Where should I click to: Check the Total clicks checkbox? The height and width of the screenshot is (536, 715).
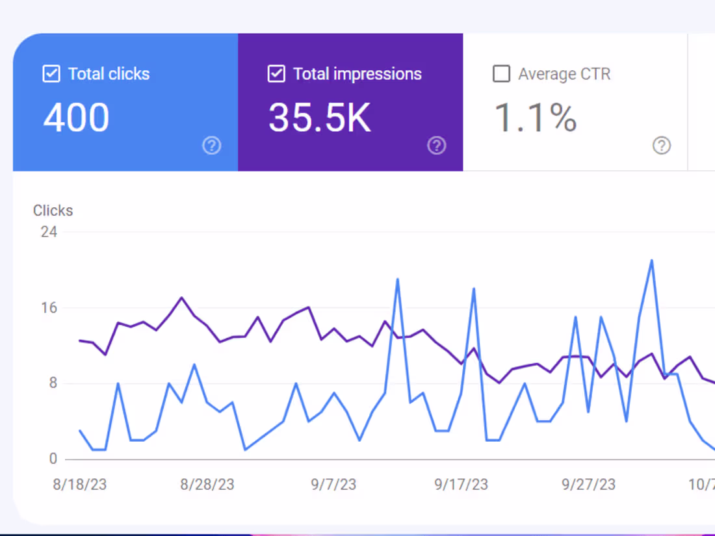click(x=51, y=74)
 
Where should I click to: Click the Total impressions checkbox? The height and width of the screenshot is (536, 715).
click(x=276, y=74)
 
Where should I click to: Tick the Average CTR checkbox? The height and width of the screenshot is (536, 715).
click(x=501, y=74)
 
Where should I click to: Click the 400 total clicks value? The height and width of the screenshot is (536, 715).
click(x=76, y=118)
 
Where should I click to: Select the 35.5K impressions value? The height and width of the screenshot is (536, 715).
click(x=319, y=118)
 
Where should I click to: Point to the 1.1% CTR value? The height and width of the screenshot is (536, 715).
click(x=536, y=118)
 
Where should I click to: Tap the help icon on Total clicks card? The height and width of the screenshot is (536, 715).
click(x=211, y=146)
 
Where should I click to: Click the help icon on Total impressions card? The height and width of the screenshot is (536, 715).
click(x=436, y=146)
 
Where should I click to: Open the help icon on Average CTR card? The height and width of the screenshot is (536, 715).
click(x=661, y=146)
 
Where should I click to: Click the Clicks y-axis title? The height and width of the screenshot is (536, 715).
click(x=53, y=211)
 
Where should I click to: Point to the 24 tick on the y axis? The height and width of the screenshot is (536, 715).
click(x=49, y=232)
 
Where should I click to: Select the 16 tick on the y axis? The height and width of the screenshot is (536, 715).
click(x=49, y=308)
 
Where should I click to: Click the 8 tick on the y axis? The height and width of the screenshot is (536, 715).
click(x=53, y=383)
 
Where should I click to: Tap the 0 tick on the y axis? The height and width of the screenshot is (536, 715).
click(x=53, y=459)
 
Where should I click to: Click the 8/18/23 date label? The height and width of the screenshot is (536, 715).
click(x=79, y=485)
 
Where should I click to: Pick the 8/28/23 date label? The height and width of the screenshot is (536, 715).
click(x=207, y=485)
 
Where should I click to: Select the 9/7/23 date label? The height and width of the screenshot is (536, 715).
click(x=333, y=485)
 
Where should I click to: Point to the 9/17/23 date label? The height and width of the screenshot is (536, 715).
click(x=461, y=485)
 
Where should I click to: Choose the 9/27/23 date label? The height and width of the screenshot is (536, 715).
click(x=588, y=485)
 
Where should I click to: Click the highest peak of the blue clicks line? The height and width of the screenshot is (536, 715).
click(x=651, y=261)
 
